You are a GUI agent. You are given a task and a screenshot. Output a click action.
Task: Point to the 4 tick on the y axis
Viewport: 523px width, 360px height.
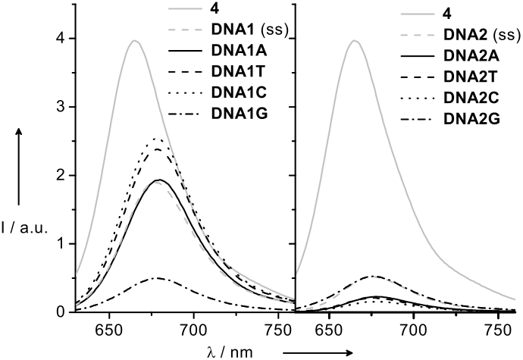(61, 39)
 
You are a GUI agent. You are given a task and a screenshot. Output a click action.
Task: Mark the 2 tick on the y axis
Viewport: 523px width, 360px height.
(61, 175)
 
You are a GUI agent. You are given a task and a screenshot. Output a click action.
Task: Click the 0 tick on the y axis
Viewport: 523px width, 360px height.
(61, 311)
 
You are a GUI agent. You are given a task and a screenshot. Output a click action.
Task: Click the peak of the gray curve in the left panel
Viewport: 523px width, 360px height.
(134, 41)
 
